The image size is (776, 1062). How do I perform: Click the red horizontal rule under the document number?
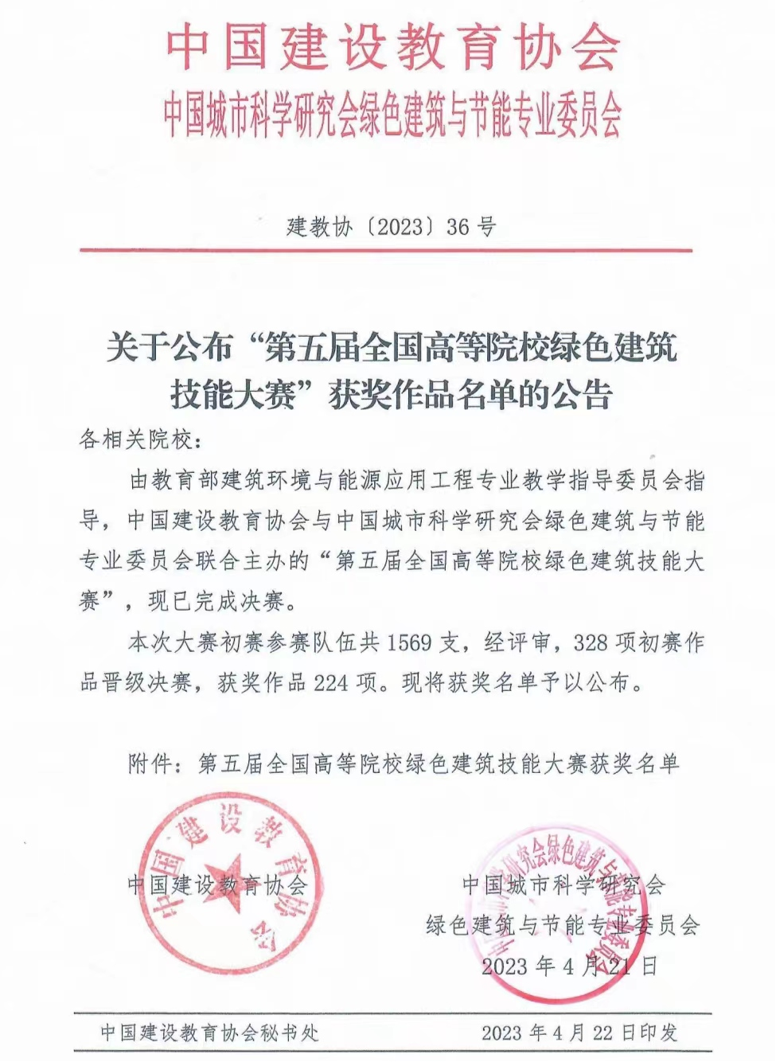pyautogui.click(x=386, y=251)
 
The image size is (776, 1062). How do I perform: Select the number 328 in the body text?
pyautogui.click(x=600, y=642)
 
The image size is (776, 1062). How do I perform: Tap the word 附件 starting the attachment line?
pyautogui.click(x=150, y=763)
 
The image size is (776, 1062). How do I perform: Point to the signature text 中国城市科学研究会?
pyautogui.click(x=563, y=884)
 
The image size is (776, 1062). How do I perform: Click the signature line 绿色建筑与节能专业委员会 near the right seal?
pyautogui.click(x=563, y=925)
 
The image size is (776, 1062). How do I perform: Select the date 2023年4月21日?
pyautogui.click(x=570, y=966)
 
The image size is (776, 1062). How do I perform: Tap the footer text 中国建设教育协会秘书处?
pyautogui.click(x=209, y=1033)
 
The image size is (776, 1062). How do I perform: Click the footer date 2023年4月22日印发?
pyautogui.click(x=579, y=1033)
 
